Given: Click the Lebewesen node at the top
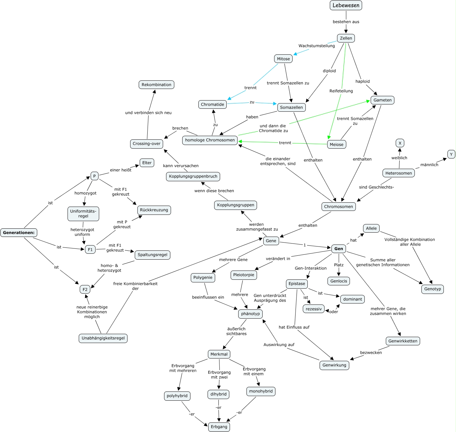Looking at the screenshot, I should point(346,5).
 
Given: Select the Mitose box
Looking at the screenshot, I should point(283,59).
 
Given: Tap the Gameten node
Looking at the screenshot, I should point(383,100).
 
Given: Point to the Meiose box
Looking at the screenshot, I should point(336,144).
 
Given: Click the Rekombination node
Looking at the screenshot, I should point(157,85).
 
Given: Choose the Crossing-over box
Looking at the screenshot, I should point(147,144).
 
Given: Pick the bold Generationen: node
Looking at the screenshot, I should point(19,233).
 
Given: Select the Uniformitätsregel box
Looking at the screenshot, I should point(83,214).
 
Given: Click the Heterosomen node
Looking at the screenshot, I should point(399,173).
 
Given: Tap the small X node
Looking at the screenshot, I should point(400,143).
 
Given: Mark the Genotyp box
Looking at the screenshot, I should point(433,289).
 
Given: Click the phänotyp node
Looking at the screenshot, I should point(250,314).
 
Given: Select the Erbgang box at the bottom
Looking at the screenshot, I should point(219,427).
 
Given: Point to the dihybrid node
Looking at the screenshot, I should point(219,394).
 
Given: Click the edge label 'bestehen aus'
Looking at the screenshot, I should point(346,22).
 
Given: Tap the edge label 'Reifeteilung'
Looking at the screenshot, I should point(341,91).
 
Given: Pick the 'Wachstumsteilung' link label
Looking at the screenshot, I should point(317,46).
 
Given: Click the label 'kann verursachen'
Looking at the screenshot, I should point(181,166).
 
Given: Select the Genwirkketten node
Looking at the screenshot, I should point(403,341).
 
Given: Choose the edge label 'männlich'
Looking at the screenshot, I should point(429,165).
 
